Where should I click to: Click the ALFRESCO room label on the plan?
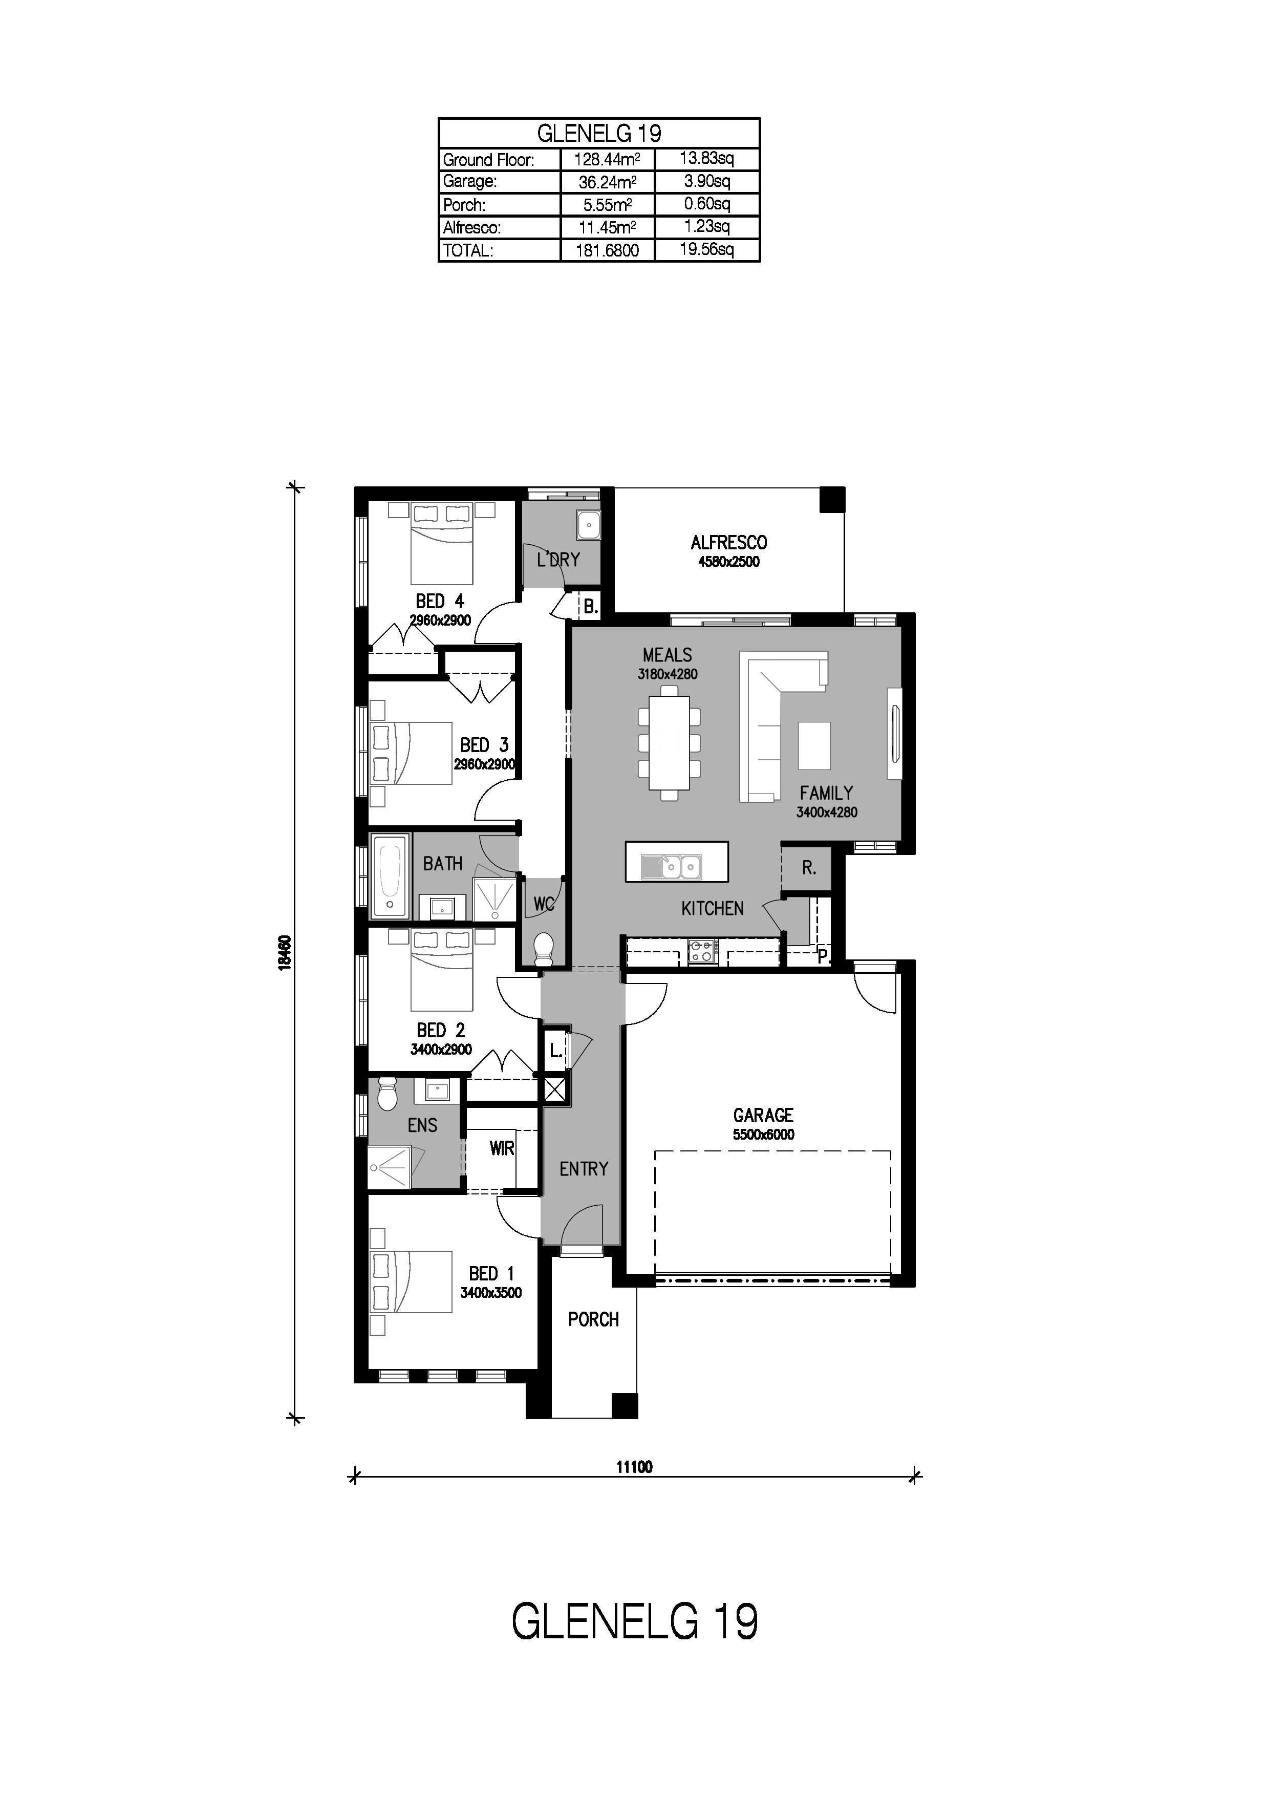click(x=729, y=542)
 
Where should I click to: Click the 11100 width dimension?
click(x=634, y=1467)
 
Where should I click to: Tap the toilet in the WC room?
click(x=543, y=949)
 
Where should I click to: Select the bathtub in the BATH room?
click(x=390, y=877)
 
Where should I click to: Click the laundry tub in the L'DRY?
click(x=588, y=525)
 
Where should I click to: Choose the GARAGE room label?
click(x=763, y=1116)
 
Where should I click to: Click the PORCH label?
click(x=593, y=1320)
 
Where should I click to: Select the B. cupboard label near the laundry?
click(x=590, y=606)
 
